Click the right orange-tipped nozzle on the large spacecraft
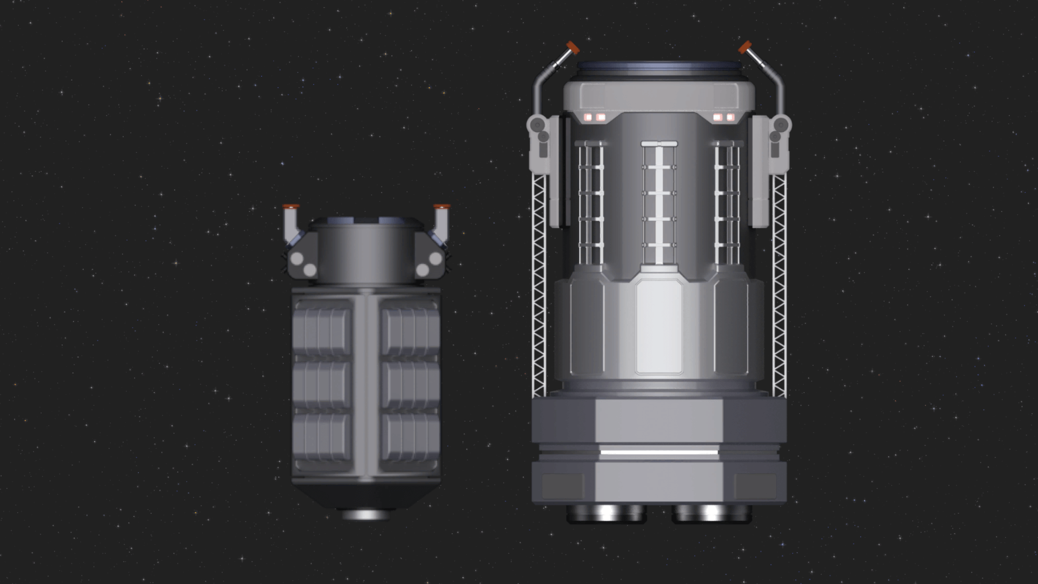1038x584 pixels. [746, 48]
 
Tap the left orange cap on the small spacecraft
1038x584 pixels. [291, 207]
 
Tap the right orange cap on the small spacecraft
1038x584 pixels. [442, 207]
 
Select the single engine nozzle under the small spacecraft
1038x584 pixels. [366, 514]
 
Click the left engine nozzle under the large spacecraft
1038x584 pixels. [606, 514]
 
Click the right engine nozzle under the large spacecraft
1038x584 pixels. [711, 514]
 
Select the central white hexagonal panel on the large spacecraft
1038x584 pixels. [659, 327]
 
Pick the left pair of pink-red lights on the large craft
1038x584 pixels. [594, 117]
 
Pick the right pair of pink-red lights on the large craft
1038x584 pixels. [724, 117]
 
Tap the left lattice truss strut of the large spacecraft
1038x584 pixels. [539, 287]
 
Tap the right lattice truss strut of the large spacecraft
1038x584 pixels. [779, 287]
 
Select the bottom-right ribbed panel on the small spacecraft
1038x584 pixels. [410, 441]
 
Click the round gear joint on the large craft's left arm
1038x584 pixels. [537, 125]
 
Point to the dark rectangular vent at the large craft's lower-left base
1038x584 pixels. [563, 485]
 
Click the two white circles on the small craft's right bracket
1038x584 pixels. [429, 264]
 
